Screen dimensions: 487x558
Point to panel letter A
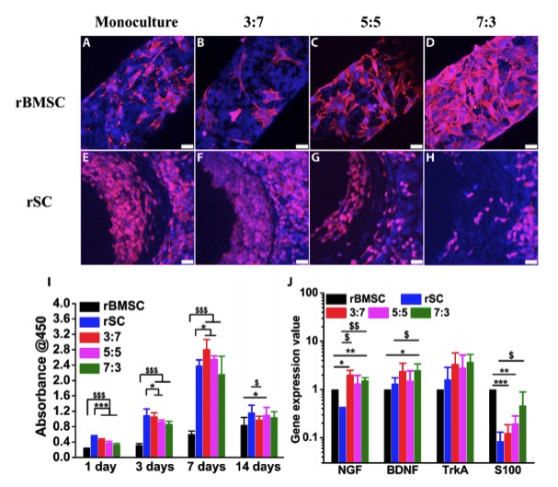pyautogui.click(x=88, y=41)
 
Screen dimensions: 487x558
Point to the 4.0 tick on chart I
pyautogui.click(x=64, y=303)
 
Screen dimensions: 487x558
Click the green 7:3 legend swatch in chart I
pyautogui.click(x=89, y=370)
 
